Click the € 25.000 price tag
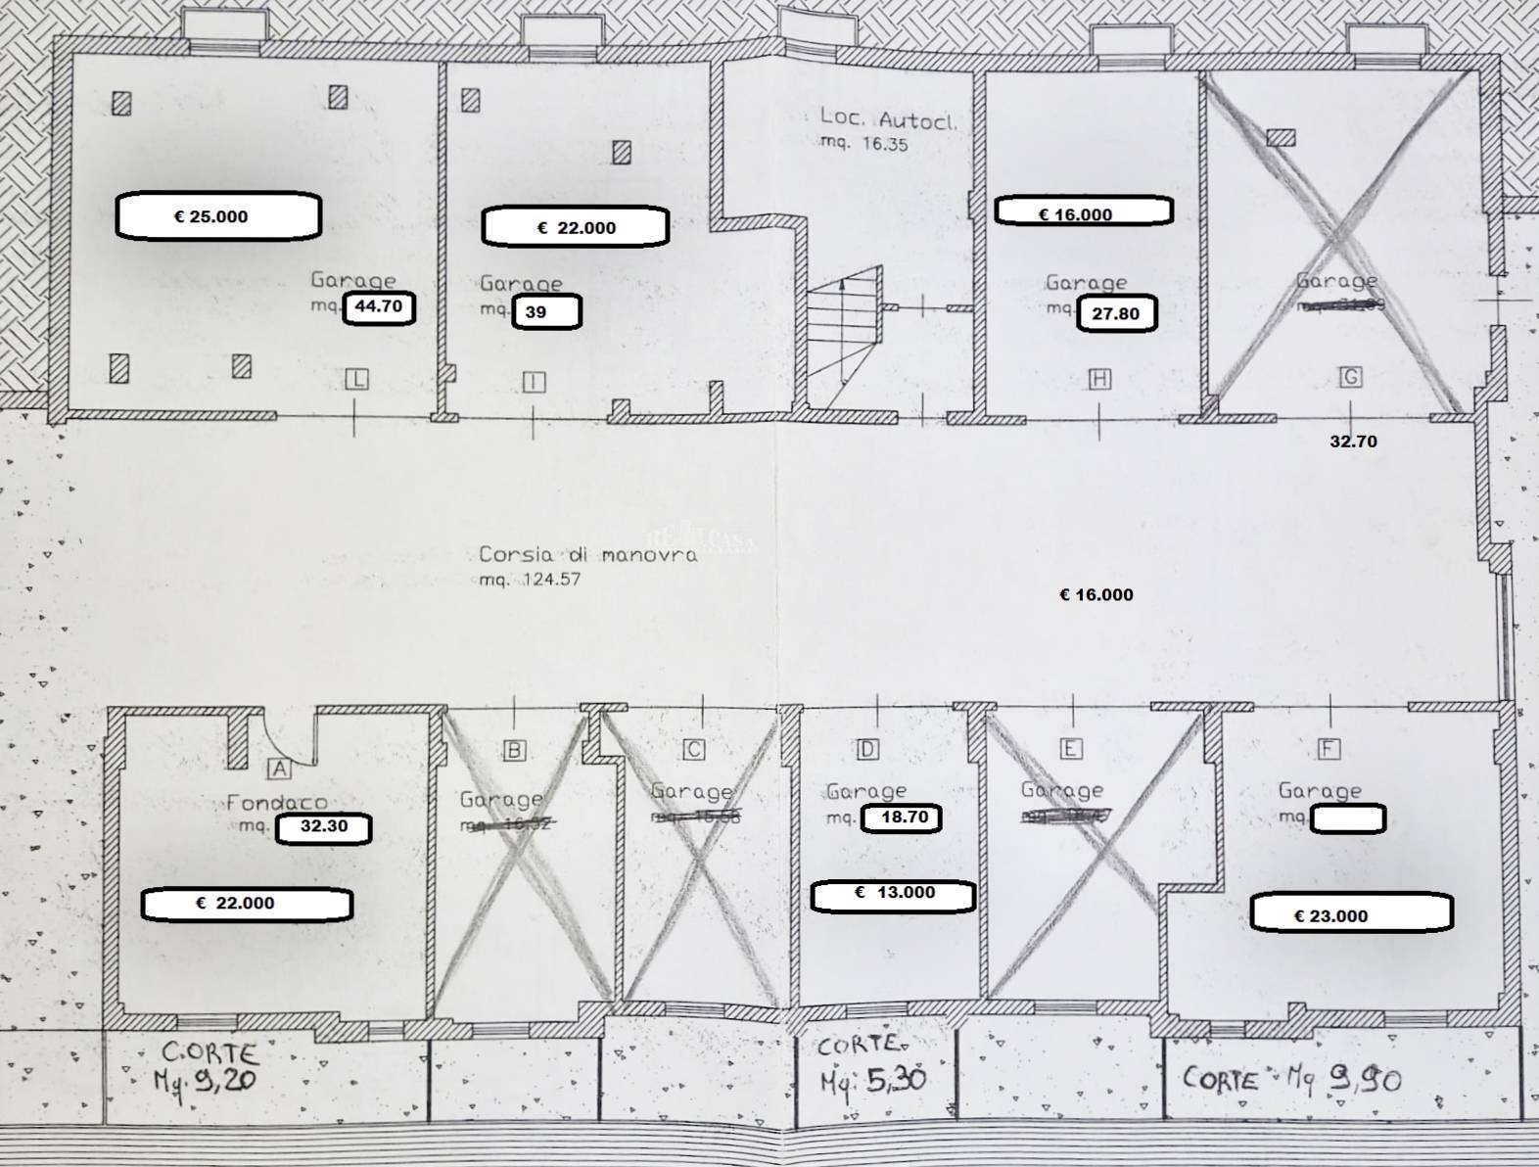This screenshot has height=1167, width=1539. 218,216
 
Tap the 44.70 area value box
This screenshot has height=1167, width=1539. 379,307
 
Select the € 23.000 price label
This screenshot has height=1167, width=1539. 1351,914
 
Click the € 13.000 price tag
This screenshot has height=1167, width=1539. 893,895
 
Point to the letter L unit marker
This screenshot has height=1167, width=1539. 356,380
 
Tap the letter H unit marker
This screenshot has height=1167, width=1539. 1099,379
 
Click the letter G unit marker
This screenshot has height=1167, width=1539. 1351,377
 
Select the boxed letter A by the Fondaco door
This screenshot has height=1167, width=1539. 279,769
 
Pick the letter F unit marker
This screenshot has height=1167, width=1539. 1329,749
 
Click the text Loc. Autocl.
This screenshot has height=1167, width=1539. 887,119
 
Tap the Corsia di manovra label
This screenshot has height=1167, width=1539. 587,554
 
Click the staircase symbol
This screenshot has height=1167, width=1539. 844,328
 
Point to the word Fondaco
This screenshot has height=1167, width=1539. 277,803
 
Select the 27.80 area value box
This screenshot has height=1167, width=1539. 1116,314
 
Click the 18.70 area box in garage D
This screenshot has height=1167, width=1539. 902,817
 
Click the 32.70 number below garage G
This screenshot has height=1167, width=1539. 1353,442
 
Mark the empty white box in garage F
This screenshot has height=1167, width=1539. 1347,818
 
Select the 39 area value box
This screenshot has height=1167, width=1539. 546,312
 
